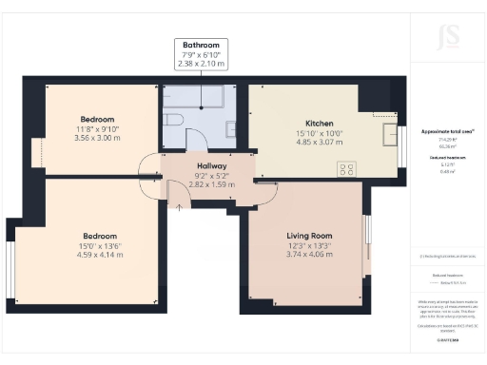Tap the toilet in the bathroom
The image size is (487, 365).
[173, 118]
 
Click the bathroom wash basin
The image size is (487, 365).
[231, 127]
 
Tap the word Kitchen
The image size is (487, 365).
[320, 124]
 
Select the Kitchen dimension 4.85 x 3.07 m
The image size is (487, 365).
[320, 143]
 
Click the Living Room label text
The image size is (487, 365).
[308, 234]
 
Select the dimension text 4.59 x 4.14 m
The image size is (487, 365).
[99, 255]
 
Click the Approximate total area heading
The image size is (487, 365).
[446, 131]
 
